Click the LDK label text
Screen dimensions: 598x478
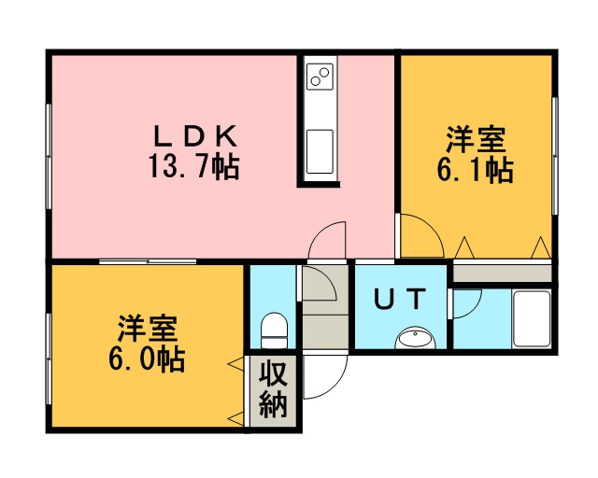(x=195, y=136)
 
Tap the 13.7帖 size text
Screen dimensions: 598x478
(x=193, y=166)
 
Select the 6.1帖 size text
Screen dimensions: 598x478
(x=475, y=170)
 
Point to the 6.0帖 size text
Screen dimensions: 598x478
(x=147, y=358)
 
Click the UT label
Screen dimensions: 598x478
(x=400, y=299)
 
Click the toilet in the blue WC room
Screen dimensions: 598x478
(x=274, y=330)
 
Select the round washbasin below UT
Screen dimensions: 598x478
(x=415, y=338)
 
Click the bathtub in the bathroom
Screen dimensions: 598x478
(x=532, y=318)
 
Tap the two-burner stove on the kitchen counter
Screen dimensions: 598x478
(x=320, y=77)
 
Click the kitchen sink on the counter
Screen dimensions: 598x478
(x=320, y=151)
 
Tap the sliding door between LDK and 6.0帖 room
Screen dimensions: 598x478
(x=148, y=261)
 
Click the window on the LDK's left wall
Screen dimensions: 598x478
(x=49, y=156)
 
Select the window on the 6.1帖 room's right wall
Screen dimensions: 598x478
(x=555, y=156)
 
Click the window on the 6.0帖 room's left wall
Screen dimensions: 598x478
(x=49, y=358)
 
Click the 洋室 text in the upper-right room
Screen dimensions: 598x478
(x=476, y=140)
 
